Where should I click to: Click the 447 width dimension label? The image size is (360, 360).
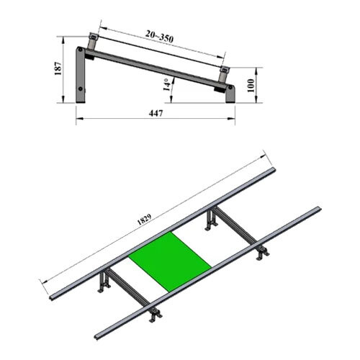pos(156,113)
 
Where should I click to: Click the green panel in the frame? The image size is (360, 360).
pos(171,261)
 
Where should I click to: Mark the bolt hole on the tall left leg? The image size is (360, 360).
pos(81,91)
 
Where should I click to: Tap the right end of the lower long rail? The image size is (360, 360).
pos(318,210)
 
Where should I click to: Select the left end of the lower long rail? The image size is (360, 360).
pos(98,335)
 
